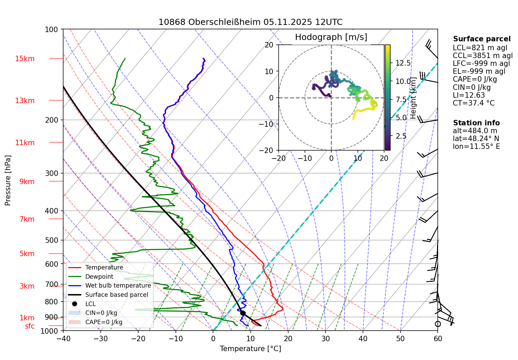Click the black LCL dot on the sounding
[x=243, y=313]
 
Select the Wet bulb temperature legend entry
[x=118, y=286]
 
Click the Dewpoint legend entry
[x=99, y=277]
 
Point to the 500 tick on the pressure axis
[x=52, y=240]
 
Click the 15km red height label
[x=25, y=59]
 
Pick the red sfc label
[x=30, y=326]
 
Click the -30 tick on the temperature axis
[x=100, y=338]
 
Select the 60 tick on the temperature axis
[x=438, y=338]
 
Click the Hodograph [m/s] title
[x=331, y=37]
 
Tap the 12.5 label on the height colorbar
[x=403, y=63]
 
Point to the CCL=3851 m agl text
[x=482, y=56]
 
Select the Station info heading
[x=476, y=123]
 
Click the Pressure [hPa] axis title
[x=8, y=180]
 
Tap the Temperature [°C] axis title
[x=250, y=349]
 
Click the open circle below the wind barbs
[x=438, y=324]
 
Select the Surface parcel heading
[x=482, y=39]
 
